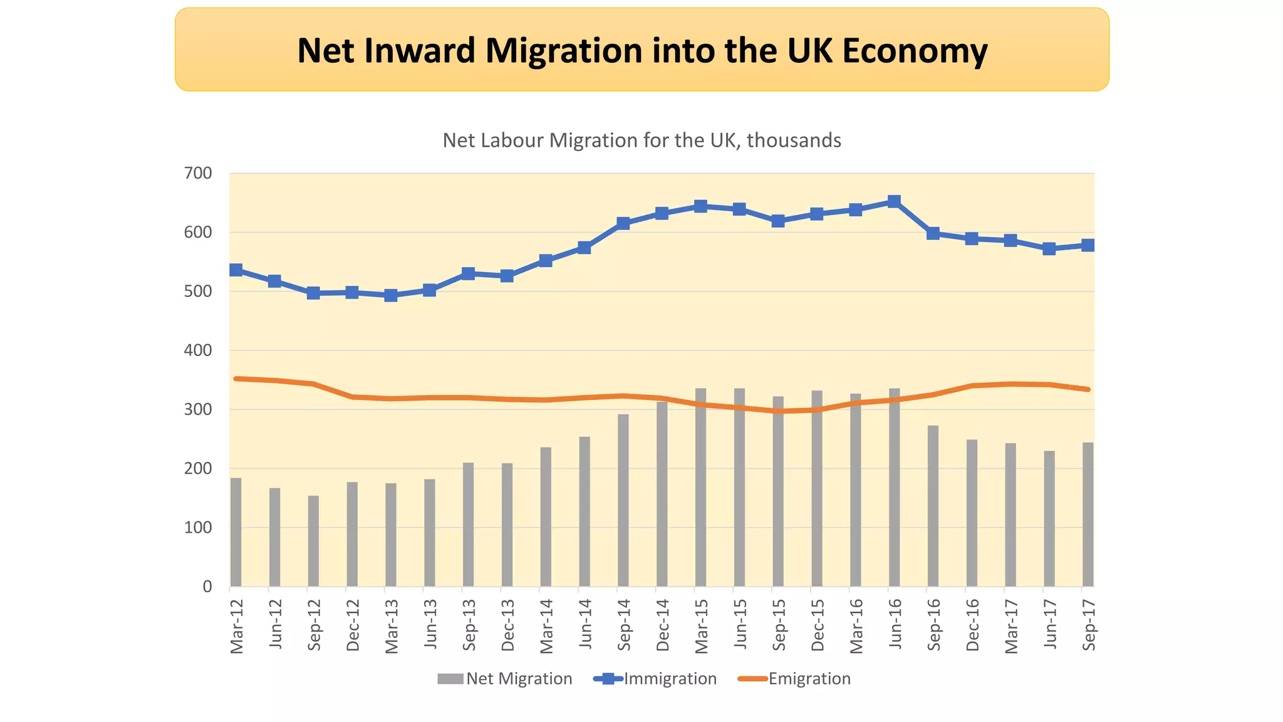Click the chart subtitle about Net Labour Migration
point(641,140)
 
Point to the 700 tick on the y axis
point(198,174)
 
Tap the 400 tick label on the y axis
point(198,351)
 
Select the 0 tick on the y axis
point(207,587)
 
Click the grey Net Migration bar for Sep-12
point(313,541)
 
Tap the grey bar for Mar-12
point(236,532)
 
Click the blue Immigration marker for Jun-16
point(895,202)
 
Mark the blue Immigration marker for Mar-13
point(391,295)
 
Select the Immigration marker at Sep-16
point(933,234)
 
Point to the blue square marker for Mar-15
point(701,206)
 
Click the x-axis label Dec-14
point(663,625)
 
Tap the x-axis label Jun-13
point(430,623)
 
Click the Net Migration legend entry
point(505,679)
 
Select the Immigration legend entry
point(655,679)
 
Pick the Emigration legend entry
point(794,679)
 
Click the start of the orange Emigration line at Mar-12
point(236,379)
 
